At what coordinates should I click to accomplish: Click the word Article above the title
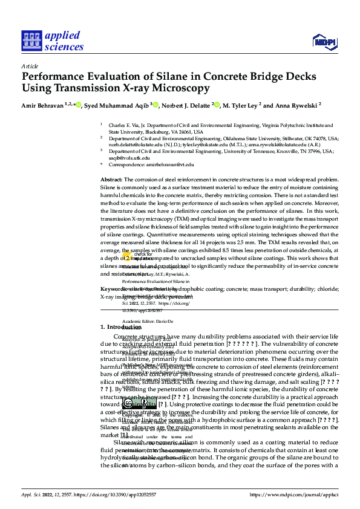(30, 66)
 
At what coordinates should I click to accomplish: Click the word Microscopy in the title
(179, 88)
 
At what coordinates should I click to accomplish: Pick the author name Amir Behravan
(42, 105)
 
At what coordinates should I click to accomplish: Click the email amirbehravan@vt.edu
(172, 164)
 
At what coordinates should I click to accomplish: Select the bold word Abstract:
(111, 180)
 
